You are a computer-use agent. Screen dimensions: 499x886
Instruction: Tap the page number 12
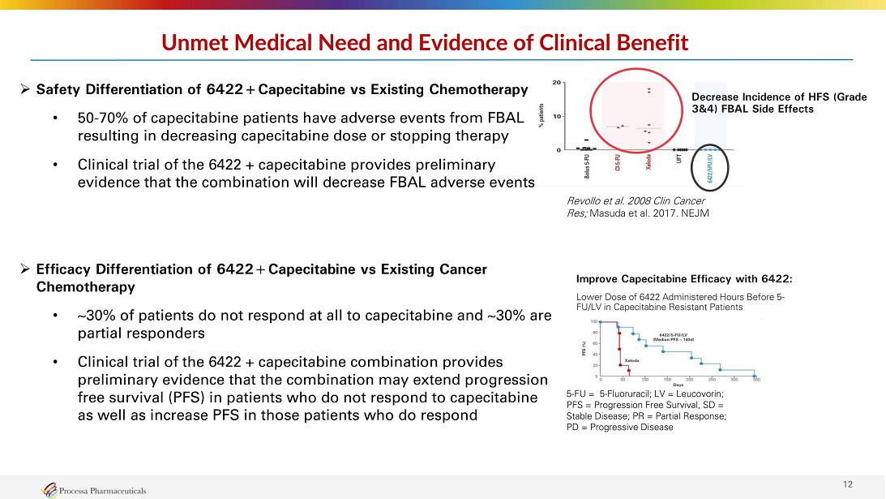[848, 484]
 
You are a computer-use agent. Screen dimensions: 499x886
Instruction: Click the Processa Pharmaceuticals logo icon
[50, 488]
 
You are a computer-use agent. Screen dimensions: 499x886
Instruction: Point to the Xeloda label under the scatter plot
[649, 166]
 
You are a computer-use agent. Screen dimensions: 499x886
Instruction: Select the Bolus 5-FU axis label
[586, 169]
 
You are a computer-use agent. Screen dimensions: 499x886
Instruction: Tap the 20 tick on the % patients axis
[555, 83]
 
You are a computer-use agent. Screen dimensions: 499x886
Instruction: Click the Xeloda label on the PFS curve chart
[632, 359]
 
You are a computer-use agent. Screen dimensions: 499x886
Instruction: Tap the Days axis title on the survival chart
[678, 385]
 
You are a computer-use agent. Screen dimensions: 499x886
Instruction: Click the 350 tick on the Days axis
[755, 379]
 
